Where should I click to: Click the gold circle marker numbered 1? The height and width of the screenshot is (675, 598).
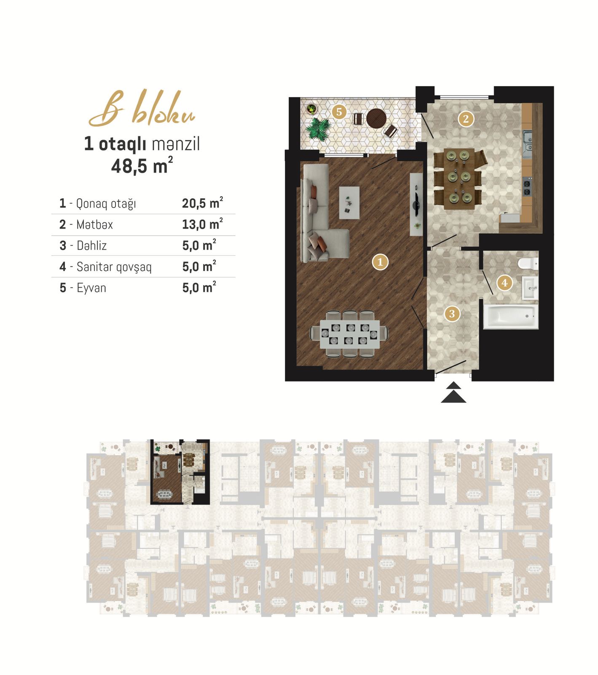(x=380, y=262)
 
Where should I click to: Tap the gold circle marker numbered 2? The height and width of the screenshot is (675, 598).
(x=466, y=119)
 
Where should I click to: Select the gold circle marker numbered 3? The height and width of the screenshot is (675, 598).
(x=452, y=313)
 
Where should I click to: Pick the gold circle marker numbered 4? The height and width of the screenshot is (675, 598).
(x=504, y=283)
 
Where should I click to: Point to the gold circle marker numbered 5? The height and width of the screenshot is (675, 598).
(x=339, y=112)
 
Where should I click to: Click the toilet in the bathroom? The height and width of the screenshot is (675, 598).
(x=528, y=263)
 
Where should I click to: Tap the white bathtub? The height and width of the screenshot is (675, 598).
(x=510, y=316)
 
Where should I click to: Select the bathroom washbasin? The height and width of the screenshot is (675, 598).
(x=530, y=288)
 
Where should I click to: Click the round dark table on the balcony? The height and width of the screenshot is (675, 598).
(x=376, y=119)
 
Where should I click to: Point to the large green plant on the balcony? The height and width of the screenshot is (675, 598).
(x=318, y=129)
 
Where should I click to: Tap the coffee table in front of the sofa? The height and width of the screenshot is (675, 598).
(x=349, y=203)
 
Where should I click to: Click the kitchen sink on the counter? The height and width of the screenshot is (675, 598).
(x=527, y=141)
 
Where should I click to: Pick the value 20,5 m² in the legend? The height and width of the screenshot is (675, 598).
(x=202, y=203)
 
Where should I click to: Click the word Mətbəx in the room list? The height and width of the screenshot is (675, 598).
(x=95, y=224)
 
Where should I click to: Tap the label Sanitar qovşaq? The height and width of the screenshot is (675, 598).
(x=114, y=267)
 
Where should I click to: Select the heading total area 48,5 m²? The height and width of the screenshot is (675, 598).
(x=142, y=166)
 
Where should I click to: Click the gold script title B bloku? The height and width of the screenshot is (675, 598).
(x=142, y=108)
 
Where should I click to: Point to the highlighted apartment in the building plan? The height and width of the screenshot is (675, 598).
(x=180, y=472)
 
